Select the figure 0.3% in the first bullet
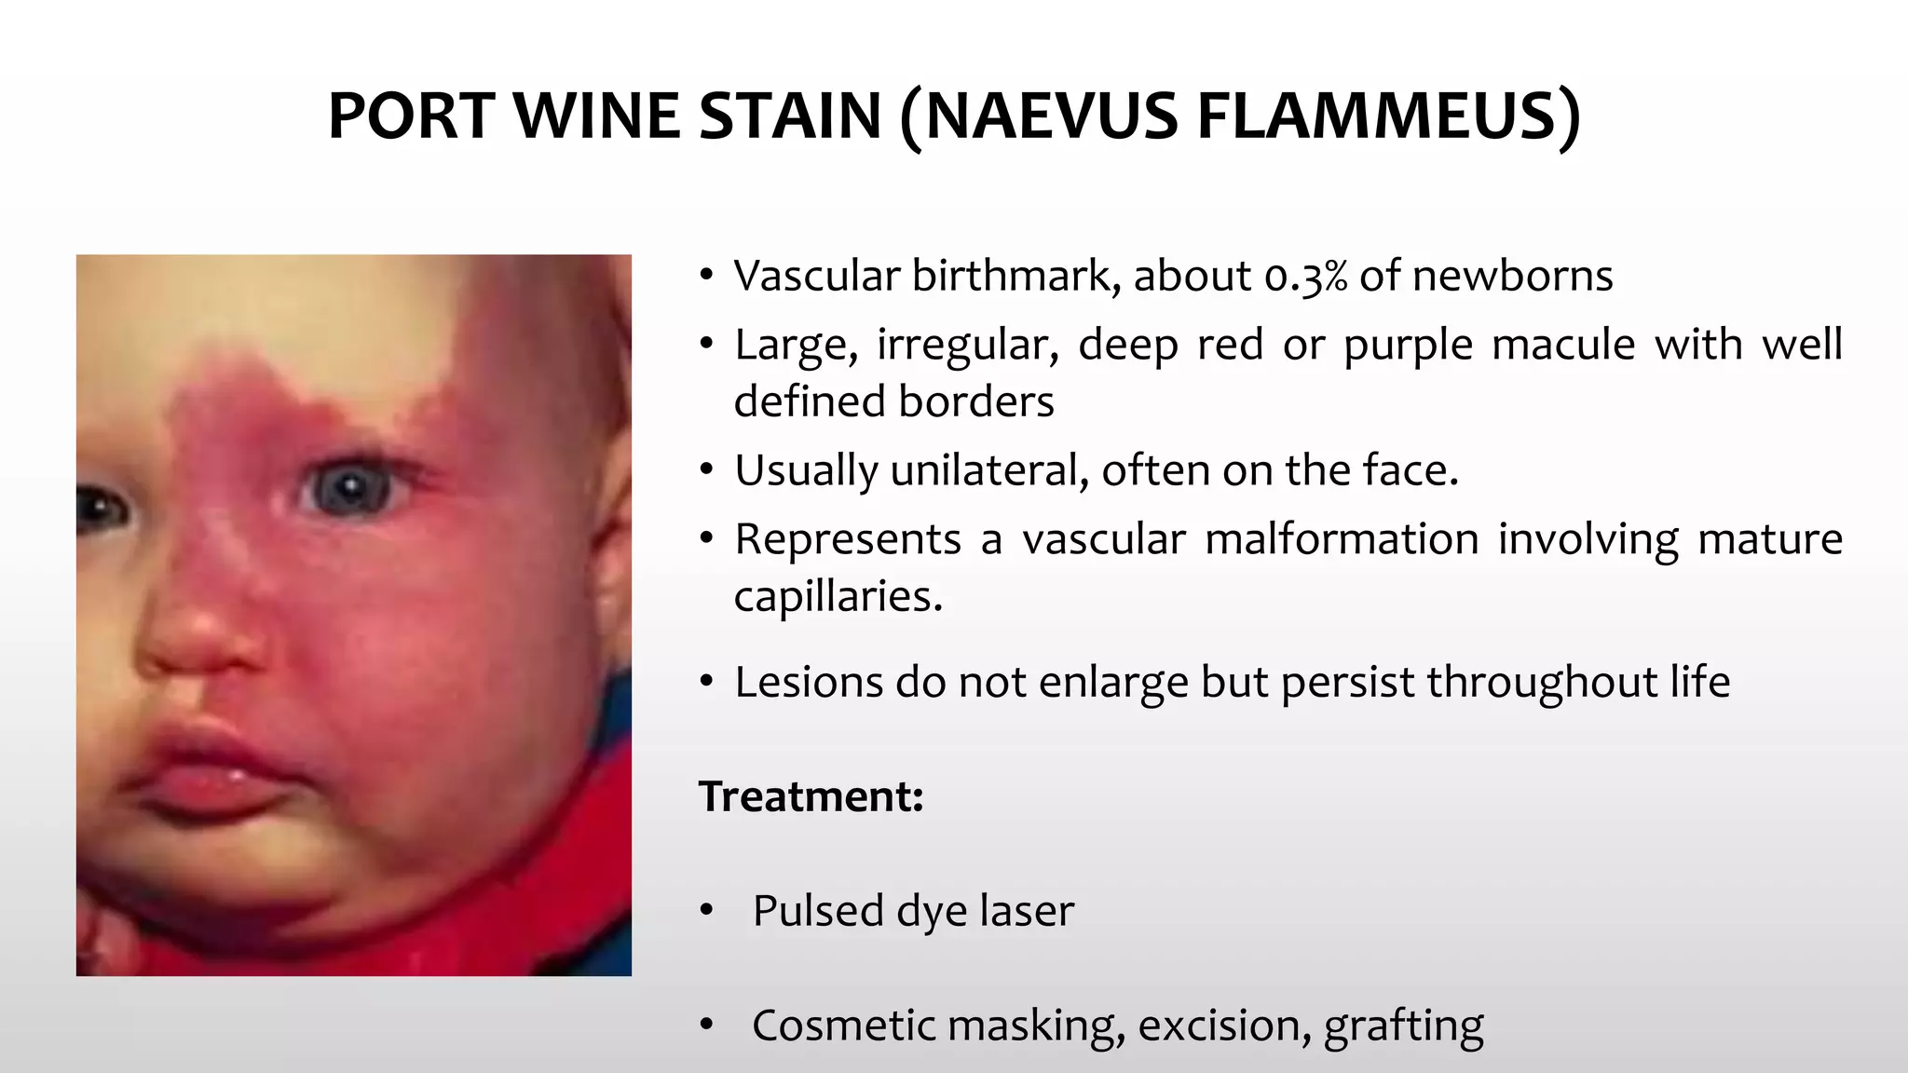[x=1305, y=277]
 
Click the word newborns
[x=1513, y=277]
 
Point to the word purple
[x=1408, y=346]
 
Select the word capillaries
[x=838, y=597]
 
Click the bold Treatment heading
[x=811, y=797]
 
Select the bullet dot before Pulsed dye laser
[x=707, y=910]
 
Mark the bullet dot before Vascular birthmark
[x=707, y=276]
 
